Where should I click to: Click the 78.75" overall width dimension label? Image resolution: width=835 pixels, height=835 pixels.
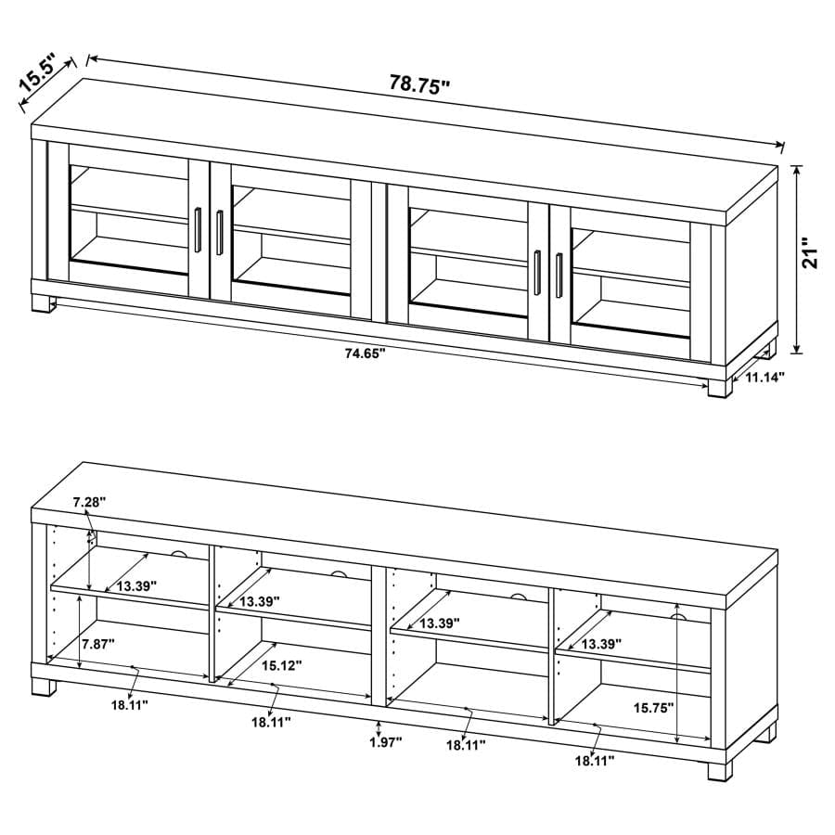click(419, 83)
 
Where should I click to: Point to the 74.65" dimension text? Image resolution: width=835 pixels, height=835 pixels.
click(363, 353)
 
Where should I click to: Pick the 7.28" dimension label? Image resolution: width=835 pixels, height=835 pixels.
click(89, 502)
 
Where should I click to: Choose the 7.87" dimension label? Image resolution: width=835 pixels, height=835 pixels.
click(98, 644)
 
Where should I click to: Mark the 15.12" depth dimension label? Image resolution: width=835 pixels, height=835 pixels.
click(280, 664)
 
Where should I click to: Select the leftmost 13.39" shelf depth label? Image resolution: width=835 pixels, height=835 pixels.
click(135, 585)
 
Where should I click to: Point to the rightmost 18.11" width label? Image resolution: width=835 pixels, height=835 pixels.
click(594, 761)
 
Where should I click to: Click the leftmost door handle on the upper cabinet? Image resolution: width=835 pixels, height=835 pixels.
click(199, 230)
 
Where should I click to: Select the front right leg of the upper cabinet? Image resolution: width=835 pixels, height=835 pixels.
click(720, 385)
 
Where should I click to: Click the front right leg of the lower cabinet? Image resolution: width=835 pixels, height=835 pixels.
click(720, 770)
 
